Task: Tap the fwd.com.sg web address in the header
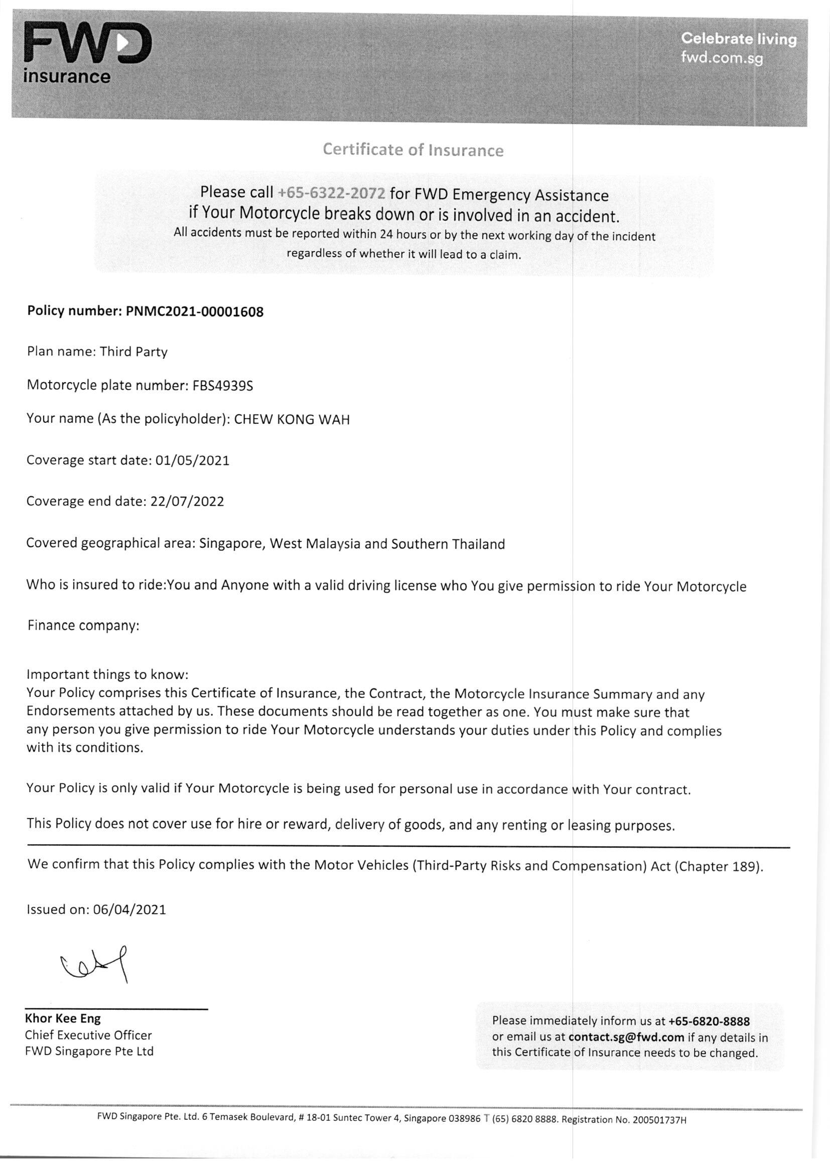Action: click(721, 57)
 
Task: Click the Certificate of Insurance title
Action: click(413, 150)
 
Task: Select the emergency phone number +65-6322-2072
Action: click(331, 193)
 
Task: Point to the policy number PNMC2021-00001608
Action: click(194, 311)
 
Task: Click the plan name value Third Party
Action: click(133, 352)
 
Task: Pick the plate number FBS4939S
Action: click(222, 386)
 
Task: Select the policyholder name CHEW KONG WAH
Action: click(292, 420)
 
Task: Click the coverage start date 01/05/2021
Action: click(192, 460)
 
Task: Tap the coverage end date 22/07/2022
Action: click(187, 501)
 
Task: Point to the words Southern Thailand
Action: click(448, 544)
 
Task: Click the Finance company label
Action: click(83, 626)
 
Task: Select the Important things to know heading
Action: click(108, 674)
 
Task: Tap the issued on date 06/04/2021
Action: click(130, 910)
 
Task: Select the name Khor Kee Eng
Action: click(63, 1018)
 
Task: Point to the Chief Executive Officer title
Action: click(88, 1035)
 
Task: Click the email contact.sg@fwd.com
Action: click(626, 1037)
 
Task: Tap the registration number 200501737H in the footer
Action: click(659, 1120)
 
